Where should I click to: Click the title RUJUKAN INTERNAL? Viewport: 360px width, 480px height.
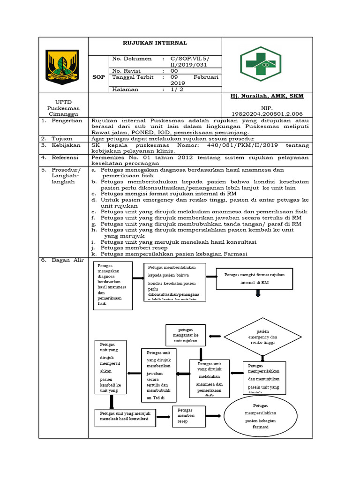point(155,43)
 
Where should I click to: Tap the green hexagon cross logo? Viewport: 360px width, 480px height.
point(261,64)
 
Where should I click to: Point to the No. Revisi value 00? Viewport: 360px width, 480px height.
point(174,70)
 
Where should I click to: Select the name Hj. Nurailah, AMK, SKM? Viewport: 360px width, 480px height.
point(267,96)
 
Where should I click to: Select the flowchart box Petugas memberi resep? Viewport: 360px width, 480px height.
point(189,416)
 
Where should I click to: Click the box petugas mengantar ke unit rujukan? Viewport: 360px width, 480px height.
point(186,336)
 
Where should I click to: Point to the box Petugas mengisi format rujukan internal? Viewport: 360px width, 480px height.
point(254,278)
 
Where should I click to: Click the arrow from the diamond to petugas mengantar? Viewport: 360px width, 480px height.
point(215,336)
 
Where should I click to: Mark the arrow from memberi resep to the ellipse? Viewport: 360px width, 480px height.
point(213,416)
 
